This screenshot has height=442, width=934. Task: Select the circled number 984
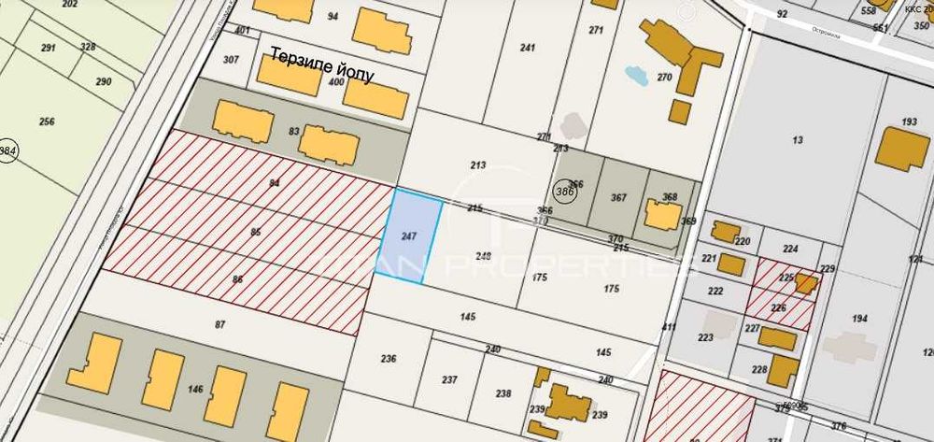tap(8, 151)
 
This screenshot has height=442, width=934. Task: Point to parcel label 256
tap(47, 121)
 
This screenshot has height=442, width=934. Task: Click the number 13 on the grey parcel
tap(797, 140)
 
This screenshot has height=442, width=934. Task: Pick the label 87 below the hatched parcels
tap(220, 324)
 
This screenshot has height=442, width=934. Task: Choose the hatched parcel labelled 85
tap(255, 230)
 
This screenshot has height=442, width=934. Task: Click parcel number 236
tap(389, 358)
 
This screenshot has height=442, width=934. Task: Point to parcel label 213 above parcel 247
tap(478, 165)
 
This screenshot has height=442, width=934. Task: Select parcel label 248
tap(483, 256)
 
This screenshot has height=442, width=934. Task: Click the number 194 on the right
tap(859, 319)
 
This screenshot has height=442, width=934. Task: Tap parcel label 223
tap(705, 337)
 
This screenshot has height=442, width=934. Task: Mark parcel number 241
tap(528, 48)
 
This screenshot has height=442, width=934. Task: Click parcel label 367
tap(618, 197)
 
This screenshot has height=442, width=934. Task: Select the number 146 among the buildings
tap(195, 388)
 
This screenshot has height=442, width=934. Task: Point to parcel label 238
tap(503, 393)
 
